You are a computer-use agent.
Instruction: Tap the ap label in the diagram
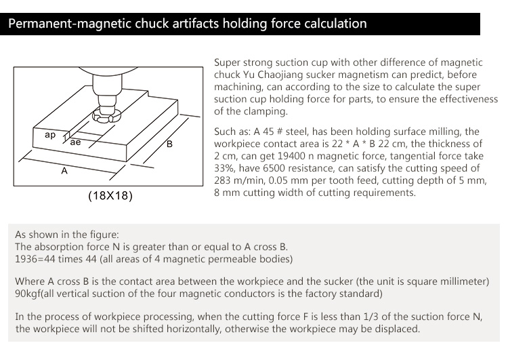[x=50, y=135]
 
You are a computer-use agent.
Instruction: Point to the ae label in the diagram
[x=75, y=142]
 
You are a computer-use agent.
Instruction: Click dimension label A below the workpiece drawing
[x=64, y=172]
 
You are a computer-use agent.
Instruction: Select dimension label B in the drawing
[x=170, y=145]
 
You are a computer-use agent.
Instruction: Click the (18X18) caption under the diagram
[x=110, y=197]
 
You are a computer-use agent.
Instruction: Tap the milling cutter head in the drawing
[x=107, y=108]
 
